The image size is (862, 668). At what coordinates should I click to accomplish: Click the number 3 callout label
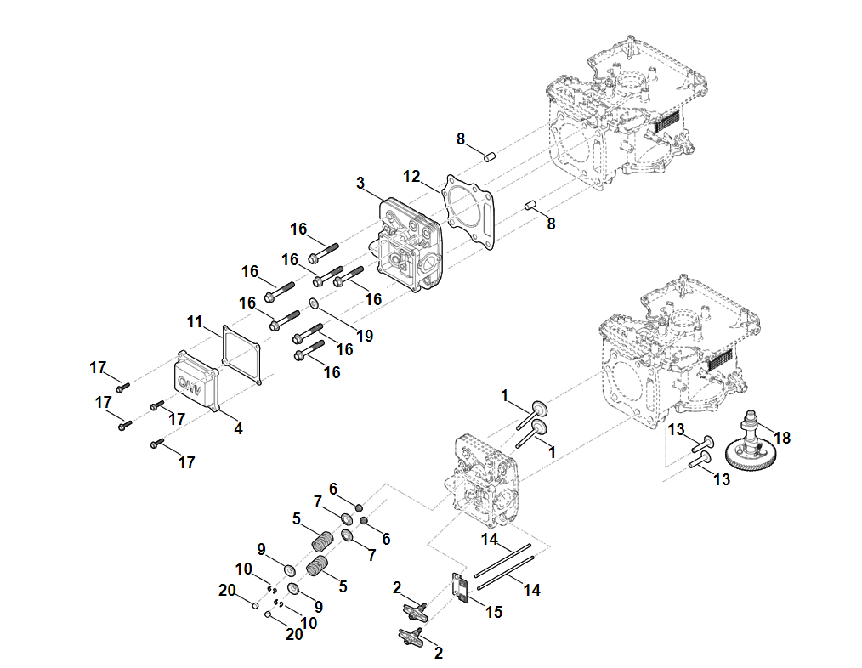coord(360,183)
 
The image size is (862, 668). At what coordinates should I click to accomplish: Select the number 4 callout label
coord(238,429)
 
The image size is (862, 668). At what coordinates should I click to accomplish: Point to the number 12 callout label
coord(411,176)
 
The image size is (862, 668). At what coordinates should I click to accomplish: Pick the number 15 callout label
coord(494,611)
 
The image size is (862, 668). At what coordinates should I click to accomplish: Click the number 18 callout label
coord(782,438)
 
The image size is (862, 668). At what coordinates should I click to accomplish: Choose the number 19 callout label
coord(365,336)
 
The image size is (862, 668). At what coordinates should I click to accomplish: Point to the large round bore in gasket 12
coord(467,209)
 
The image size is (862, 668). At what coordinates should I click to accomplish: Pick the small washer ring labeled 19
coord(313,303)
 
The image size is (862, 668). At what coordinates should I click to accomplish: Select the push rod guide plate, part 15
coord(460,587)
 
